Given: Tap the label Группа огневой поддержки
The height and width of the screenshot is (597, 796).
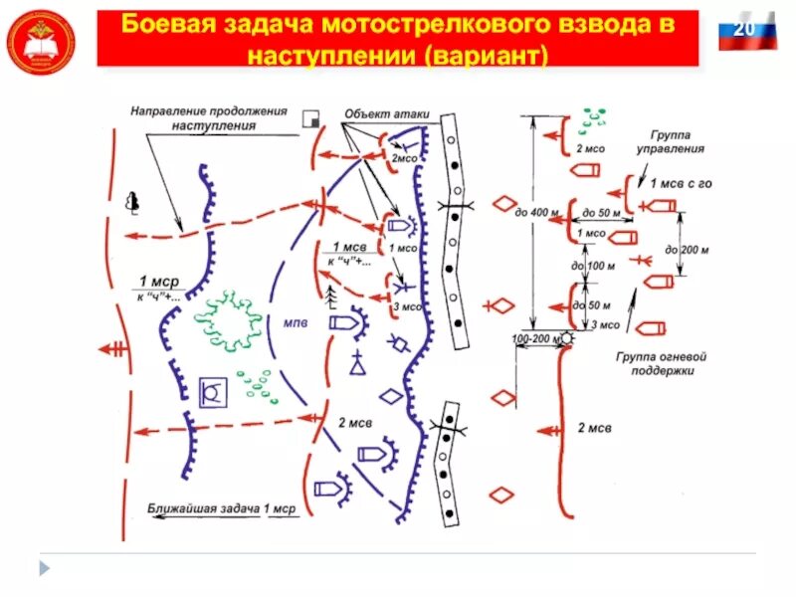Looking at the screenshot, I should [653, 362].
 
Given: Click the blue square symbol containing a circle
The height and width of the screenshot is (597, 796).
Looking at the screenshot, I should [211, 393].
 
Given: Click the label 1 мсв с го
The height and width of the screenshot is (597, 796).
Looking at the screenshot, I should [677, 184].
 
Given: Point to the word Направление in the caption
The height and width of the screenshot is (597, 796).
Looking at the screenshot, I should [167, 110].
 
